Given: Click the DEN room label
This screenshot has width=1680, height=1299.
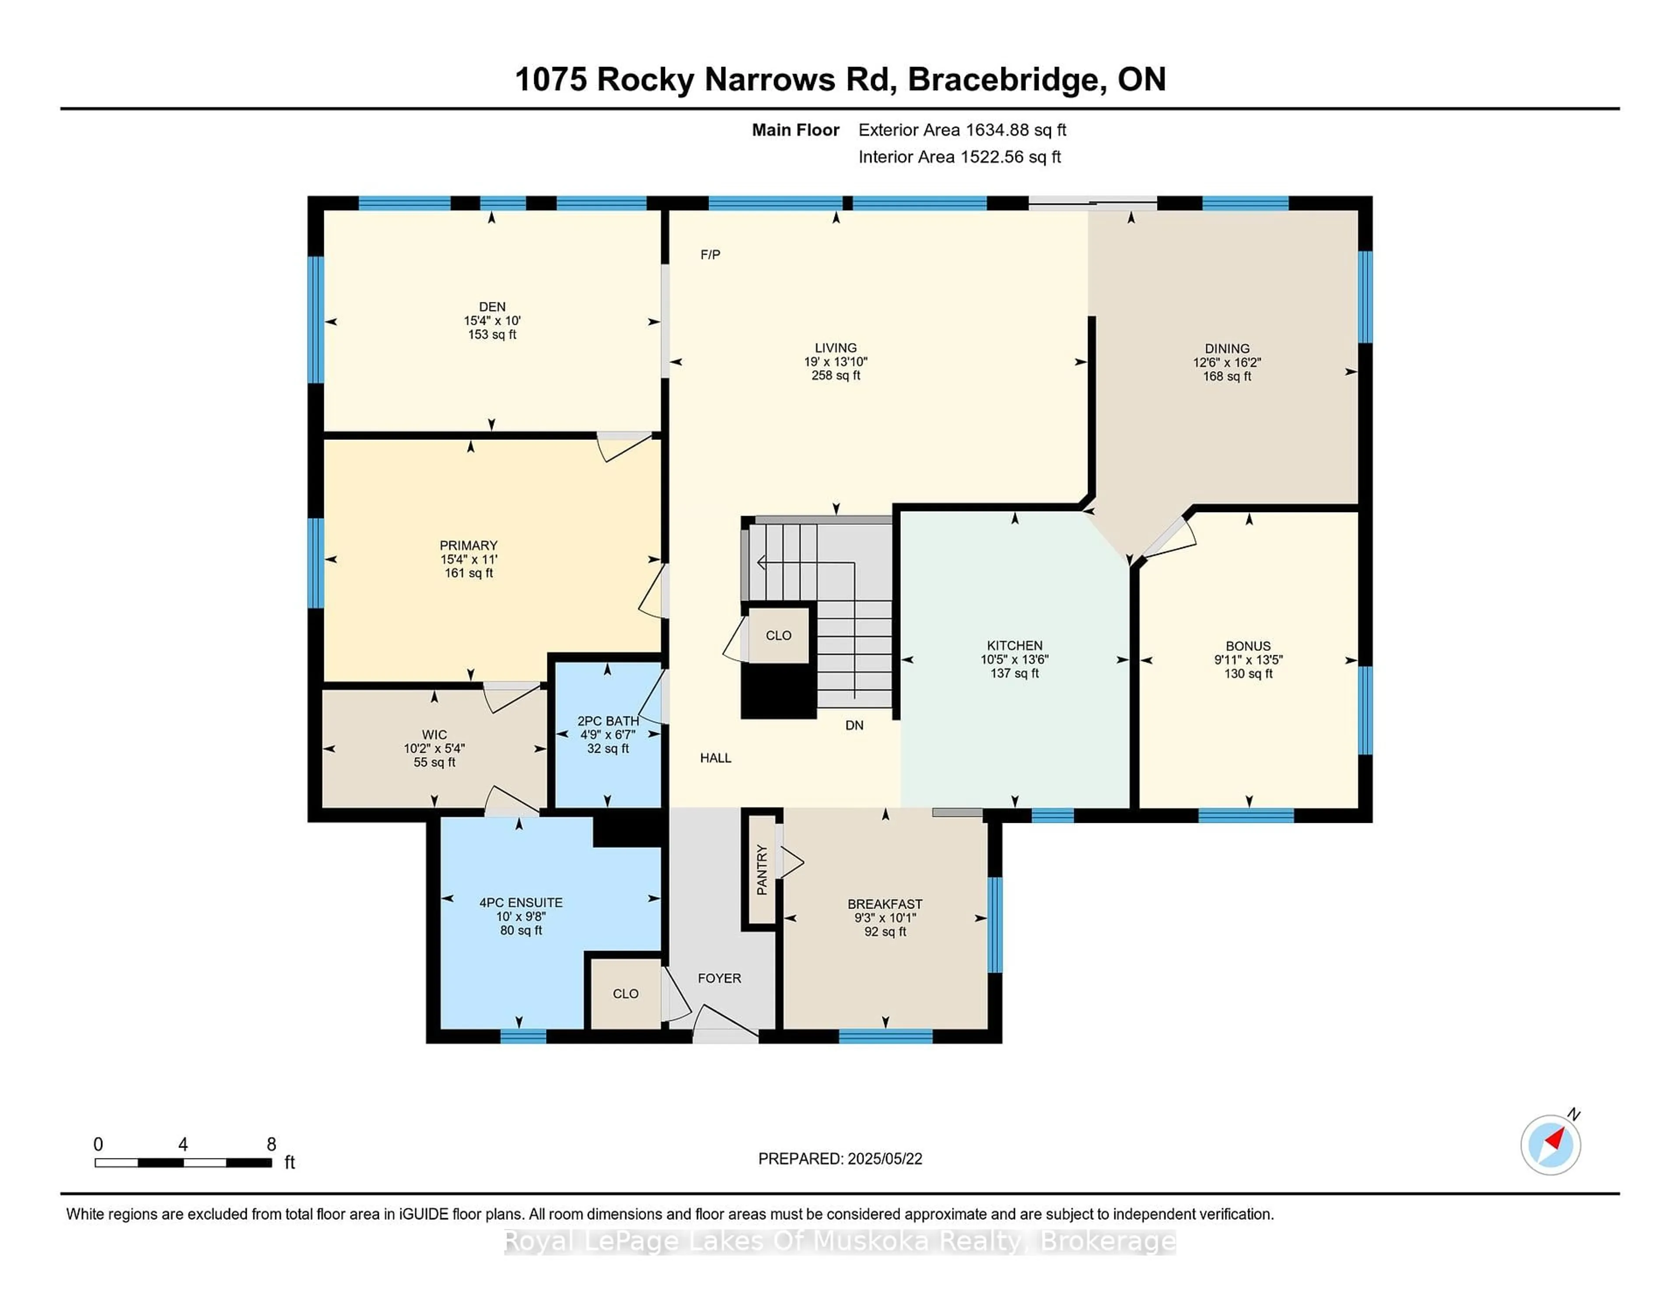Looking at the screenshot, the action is (492, 306).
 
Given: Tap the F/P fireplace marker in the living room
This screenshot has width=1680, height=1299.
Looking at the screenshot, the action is (710, 255).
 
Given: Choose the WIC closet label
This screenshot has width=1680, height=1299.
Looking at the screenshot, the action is (434, 735).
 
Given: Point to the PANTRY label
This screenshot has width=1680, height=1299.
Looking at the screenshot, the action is (762, 870).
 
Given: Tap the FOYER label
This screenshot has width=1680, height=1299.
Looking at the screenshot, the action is (719, 978).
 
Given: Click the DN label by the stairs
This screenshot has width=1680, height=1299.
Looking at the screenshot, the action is (854, 725).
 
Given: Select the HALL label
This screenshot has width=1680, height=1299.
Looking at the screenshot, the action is (715, 758).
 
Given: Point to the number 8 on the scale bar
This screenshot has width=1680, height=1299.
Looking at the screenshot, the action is (272, 1145).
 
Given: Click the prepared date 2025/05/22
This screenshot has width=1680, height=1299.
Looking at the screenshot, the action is (885, 1159).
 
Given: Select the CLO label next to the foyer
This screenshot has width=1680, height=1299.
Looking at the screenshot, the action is (625, 994).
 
